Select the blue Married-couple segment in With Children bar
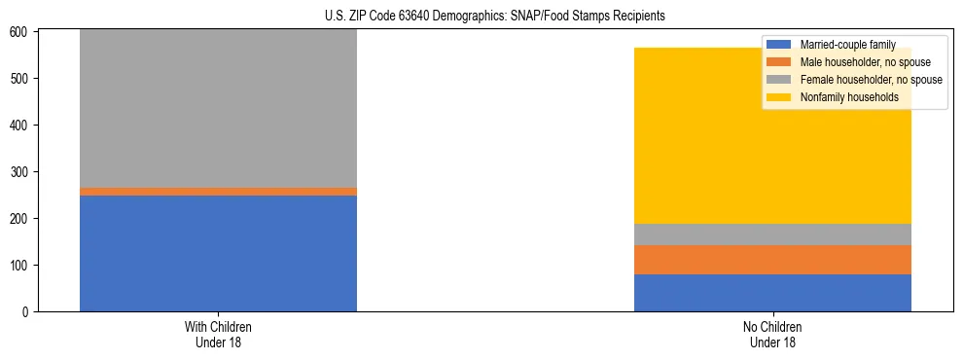coord(218,253)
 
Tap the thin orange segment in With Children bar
coord(218,192)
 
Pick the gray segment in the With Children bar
coord(218,108)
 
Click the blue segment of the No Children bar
coord(772,293)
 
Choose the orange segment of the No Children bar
coord(772,260)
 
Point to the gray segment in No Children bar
coord(772,234)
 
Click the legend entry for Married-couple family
coord(846,45)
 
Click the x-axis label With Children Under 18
coord(218,334)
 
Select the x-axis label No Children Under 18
coord(772,334)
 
